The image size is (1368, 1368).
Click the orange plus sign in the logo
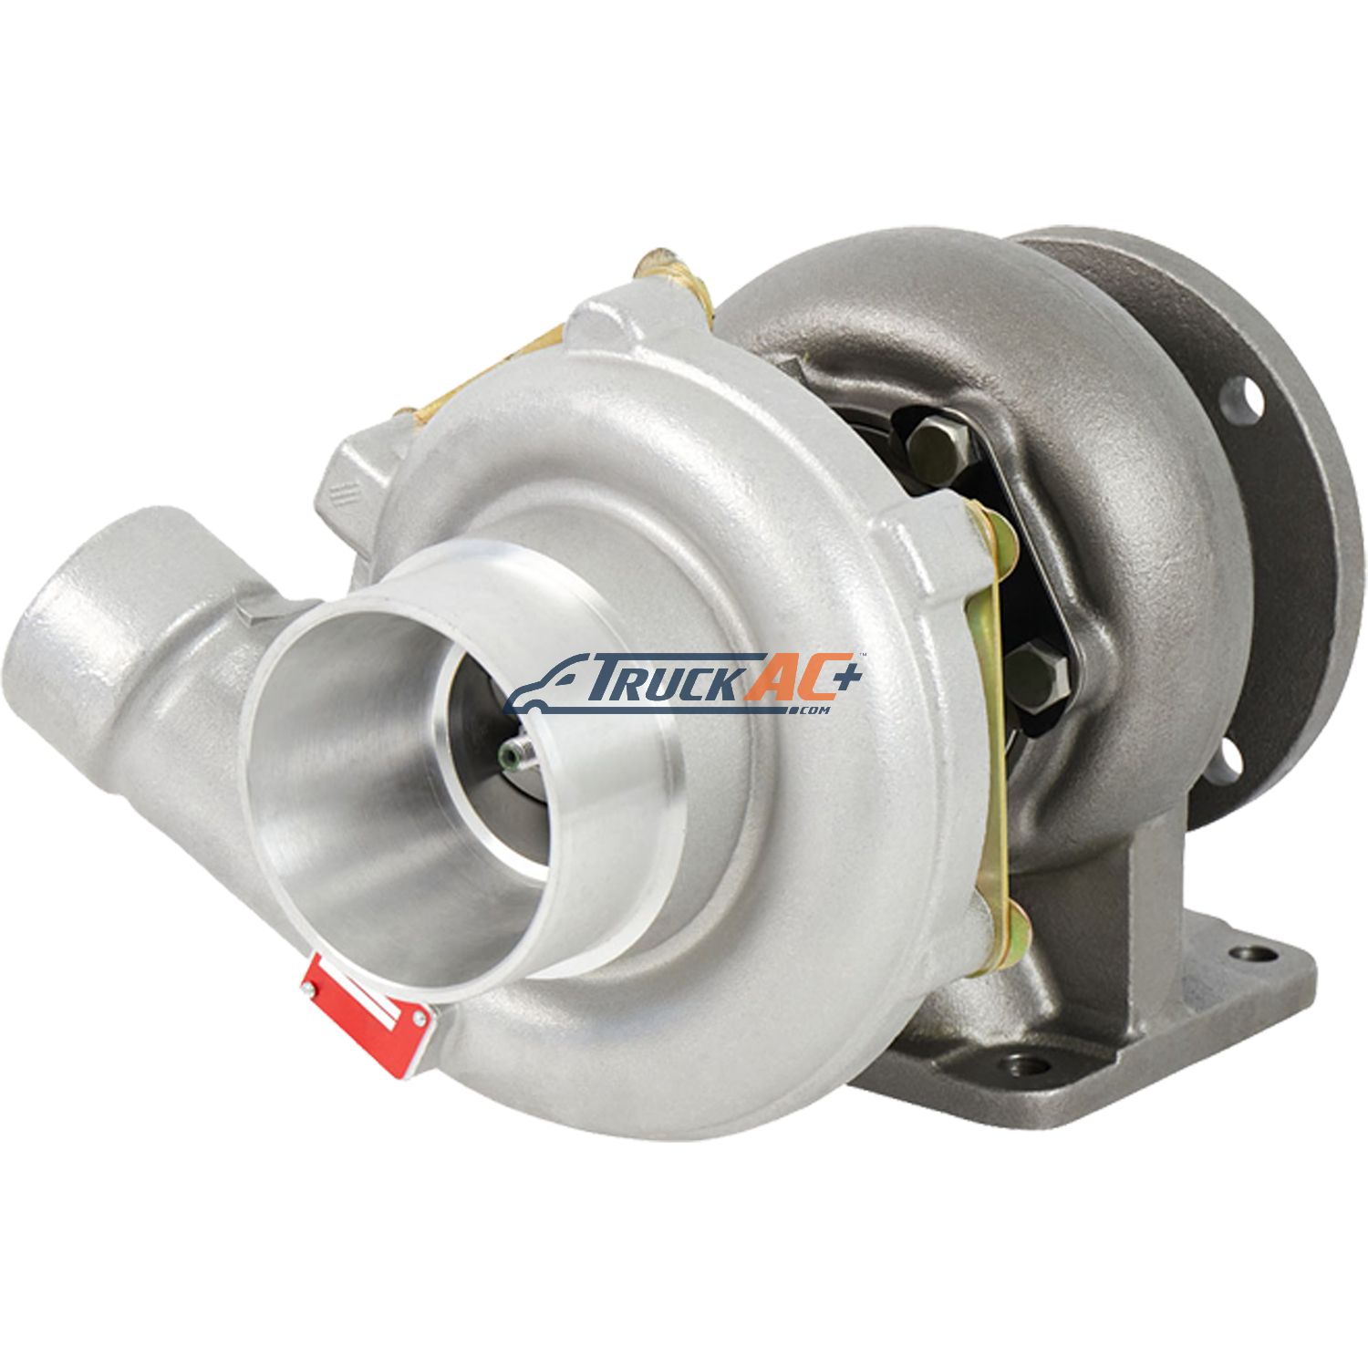click(841, 677)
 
